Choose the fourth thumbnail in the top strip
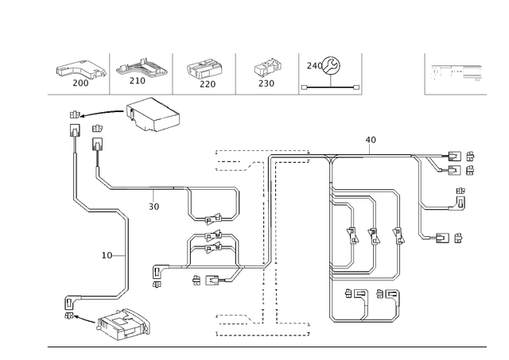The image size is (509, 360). tap(266, 72)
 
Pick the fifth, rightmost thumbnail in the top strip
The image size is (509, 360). tap(325, 70)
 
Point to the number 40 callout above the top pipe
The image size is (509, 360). tap(371, 139)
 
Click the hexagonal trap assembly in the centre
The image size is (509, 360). tap(212, 238)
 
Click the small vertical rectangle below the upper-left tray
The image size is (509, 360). tap(98, 143)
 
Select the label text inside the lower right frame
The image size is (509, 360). tap(363, 293)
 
